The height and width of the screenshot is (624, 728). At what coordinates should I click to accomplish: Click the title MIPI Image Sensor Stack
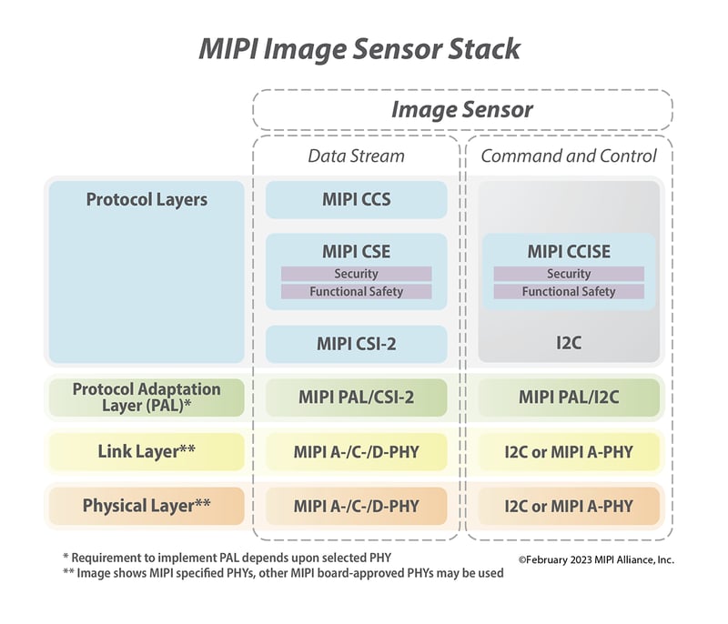[359, 47]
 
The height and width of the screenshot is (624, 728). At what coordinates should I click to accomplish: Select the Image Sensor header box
[462, 110]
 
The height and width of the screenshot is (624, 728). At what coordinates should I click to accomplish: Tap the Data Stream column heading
[356, 156]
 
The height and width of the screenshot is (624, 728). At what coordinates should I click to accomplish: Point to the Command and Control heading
[569, 156]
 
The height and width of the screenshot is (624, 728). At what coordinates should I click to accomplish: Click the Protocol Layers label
[147, 199]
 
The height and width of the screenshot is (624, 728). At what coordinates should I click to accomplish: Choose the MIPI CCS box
[356, 199]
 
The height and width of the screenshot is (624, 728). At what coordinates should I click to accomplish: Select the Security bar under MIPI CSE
[356, 274]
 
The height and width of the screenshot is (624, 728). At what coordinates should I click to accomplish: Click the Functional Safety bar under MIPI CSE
[356, 292]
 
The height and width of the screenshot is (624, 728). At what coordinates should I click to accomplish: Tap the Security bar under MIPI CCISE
[569, 274]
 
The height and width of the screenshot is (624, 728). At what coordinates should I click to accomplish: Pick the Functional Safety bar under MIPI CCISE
[569, 292]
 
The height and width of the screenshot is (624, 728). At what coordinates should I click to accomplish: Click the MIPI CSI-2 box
[356, 345]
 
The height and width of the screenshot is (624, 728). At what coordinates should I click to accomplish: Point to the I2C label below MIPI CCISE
[569, 345]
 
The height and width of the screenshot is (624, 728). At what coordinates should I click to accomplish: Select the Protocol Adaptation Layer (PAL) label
[147, 397]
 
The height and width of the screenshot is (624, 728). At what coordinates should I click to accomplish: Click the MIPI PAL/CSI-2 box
[356, 398]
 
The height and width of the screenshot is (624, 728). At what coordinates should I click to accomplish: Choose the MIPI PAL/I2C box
[569, 398]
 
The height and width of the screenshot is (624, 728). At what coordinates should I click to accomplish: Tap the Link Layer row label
[147, 451]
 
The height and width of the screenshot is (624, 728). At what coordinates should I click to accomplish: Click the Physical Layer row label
[147, 506]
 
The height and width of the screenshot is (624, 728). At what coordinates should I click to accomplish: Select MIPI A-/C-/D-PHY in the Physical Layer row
[356, 506]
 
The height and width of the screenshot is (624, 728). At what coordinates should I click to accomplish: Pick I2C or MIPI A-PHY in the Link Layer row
[569, 451]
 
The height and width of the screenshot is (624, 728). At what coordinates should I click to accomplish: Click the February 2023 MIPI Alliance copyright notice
[596, 559]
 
